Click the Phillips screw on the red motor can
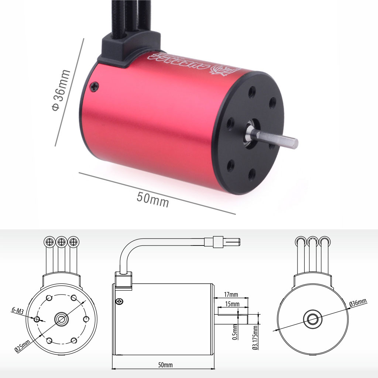click(95, 86)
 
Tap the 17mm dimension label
click(231, 295)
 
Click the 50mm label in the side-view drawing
click(165, 365)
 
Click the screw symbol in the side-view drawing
click(119, 301)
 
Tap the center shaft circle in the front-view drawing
click(61, 319)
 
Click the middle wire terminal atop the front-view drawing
click(61, 242)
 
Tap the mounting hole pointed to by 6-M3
click(37, 319)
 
